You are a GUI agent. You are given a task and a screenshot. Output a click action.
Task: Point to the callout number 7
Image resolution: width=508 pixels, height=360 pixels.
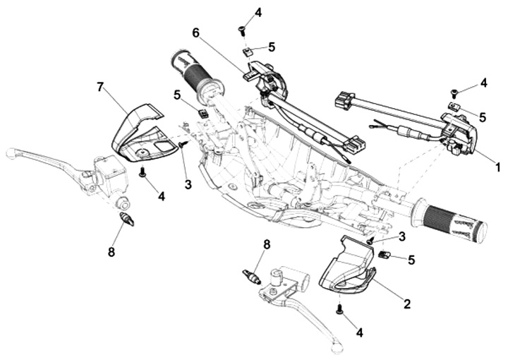100,87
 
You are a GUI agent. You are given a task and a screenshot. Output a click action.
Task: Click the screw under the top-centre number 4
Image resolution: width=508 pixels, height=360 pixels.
241,29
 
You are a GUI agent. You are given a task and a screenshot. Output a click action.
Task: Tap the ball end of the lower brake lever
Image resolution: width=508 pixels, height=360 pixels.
337,345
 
